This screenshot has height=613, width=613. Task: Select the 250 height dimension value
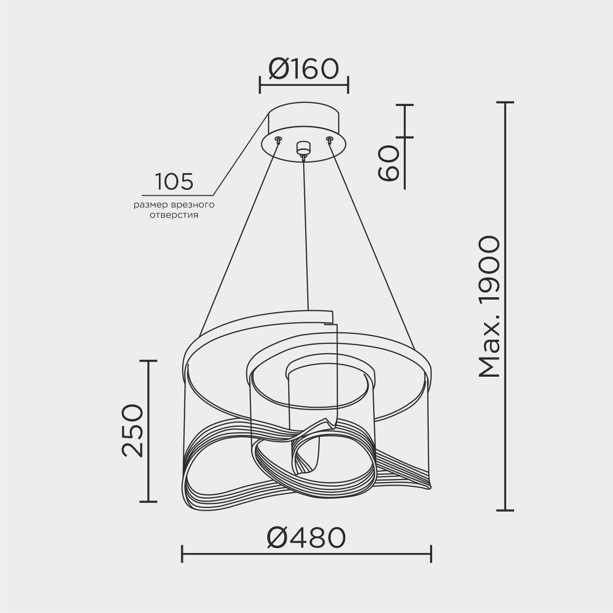[133, 431]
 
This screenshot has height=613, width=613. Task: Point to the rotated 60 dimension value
[388, 163]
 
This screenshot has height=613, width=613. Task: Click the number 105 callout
[174, 182]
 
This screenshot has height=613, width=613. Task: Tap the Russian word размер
[151, 205]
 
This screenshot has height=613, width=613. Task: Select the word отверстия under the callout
[174, 215]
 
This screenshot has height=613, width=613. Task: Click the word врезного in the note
[193, 205]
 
